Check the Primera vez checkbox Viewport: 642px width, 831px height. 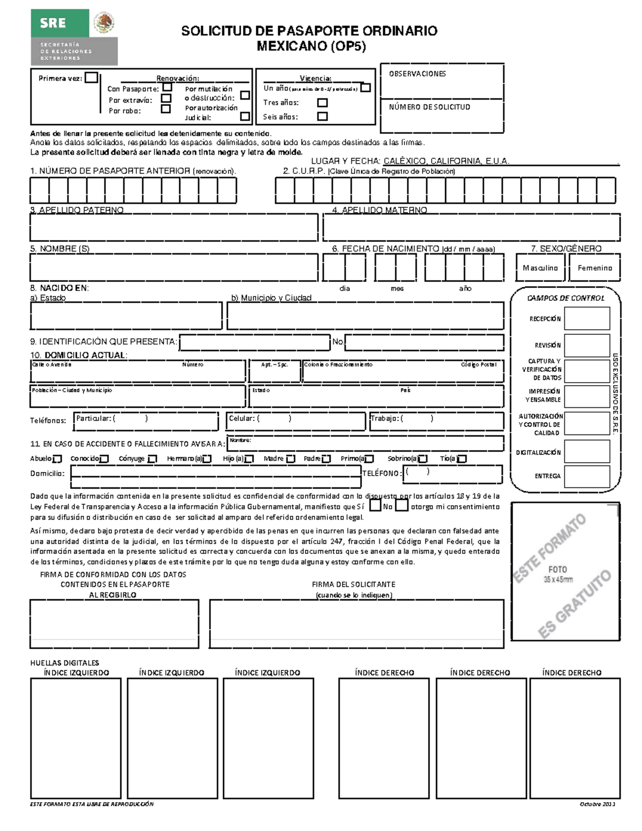coord(91,78)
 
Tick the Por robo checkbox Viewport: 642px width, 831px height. coord(166,109)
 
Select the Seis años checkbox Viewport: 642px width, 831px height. coord(322,116)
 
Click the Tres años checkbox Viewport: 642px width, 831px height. coord(322,102)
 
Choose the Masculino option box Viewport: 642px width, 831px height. coord(540,268)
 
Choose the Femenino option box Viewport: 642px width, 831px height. coord(595,268)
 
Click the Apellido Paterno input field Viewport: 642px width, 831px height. coord(174,227)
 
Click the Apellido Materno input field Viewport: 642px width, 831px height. coord(471,227)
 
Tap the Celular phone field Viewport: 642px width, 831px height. coord(295,421)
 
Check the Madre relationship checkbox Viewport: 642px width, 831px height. coord(291,459)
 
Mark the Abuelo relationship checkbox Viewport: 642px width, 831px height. coord(58,459)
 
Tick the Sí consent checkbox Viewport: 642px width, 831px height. coord(376,506)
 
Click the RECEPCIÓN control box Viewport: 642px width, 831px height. coord(587,319)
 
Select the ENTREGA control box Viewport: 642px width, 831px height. coord(587,476)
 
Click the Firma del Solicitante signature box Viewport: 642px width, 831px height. coord(356,623)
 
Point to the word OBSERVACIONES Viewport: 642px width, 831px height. coord(417,74)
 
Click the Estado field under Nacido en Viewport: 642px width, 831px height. coord(126,316)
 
